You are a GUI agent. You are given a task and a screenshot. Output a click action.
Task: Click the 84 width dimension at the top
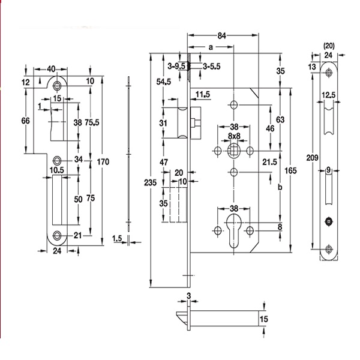pos(221,35)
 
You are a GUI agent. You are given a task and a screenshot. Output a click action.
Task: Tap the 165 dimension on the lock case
pos(290,170)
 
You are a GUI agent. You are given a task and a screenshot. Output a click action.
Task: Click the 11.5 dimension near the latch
pos(202,94)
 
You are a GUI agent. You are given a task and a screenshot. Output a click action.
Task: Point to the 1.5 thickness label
pos(118,239)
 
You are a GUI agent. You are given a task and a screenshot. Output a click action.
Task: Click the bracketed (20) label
pos(328,46)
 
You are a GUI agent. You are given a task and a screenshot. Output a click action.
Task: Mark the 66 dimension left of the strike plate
pos(25,121)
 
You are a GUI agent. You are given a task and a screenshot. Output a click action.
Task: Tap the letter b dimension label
pos(281,187)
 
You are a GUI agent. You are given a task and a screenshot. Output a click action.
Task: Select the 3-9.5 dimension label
pos(176,65)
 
